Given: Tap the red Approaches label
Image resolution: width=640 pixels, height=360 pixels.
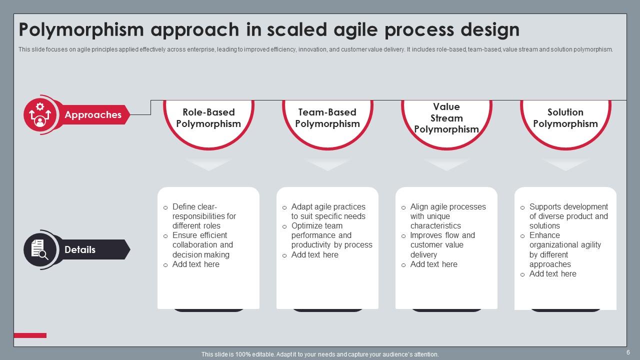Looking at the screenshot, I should (93, 114).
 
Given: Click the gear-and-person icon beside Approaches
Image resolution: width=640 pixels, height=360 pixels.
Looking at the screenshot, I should (40, 114).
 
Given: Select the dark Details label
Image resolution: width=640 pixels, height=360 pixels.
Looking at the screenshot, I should (80, 249).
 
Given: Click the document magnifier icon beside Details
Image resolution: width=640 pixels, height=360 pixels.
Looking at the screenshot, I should (40, 249).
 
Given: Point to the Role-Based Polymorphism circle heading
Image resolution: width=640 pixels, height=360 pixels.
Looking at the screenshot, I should (208, 118).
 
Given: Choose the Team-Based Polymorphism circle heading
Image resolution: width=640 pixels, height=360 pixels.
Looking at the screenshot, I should (327, 118).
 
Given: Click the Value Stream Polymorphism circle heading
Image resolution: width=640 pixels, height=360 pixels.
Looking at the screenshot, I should (446, 118).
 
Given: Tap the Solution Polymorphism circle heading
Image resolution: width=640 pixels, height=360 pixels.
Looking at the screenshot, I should (565, 118).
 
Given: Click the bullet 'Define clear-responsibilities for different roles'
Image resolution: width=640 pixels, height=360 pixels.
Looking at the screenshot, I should (204, 216).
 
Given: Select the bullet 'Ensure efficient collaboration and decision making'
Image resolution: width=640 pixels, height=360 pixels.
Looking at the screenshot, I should (202, 245).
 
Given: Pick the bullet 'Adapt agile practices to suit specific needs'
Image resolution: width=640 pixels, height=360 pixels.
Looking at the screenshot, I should (328, 211).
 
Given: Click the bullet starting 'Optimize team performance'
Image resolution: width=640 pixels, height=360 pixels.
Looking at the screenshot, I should (331, 235).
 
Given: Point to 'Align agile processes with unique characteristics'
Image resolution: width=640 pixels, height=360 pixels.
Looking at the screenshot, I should (447, 216).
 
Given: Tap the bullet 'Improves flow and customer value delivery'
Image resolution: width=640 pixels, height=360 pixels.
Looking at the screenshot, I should (442, 245).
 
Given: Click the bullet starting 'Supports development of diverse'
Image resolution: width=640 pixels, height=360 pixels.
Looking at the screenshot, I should (568, 216).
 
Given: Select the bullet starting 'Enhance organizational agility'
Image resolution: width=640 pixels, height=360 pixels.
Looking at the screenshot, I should (565, 249).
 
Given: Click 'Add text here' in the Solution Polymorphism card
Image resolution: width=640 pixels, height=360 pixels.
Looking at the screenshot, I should (552, 274).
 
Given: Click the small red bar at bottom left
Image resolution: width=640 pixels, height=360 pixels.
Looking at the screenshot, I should (30, 335).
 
